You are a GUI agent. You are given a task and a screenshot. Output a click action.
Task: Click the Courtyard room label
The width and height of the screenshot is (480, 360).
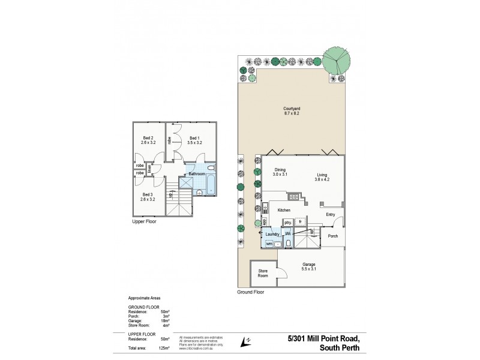[x=292, y=109]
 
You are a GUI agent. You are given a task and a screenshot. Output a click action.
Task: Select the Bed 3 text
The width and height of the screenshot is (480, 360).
[x=148, y=194]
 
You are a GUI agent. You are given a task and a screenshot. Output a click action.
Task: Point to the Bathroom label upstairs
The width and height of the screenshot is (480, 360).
[x=197, y=173]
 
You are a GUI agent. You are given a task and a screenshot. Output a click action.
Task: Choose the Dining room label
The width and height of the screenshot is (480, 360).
[x=280, y=169]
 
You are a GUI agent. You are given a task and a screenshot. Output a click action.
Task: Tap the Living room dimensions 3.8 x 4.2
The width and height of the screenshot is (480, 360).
[x=323, y=179]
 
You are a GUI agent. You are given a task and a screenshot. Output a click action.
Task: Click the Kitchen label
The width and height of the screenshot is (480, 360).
[x=284, y=210]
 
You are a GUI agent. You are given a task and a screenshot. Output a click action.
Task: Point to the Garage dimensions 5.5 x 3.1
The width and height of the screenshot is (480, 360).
[x=308, y=269]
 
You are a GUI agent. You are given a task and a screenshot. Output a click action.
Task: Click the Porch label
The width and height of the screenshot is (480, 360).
[x=334, y=235]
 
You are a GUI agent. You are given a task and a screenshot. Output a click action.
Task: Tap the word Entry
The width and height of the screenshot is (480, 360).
[x=331, y=214]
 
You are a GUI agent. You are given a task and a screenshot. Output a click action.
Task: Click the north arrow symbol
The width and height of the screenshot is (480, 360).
[x=244, y=341]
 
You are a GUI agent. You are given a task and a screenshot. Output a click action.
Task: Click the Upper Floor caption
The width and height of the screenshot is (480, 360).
[x=145, y=221]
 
